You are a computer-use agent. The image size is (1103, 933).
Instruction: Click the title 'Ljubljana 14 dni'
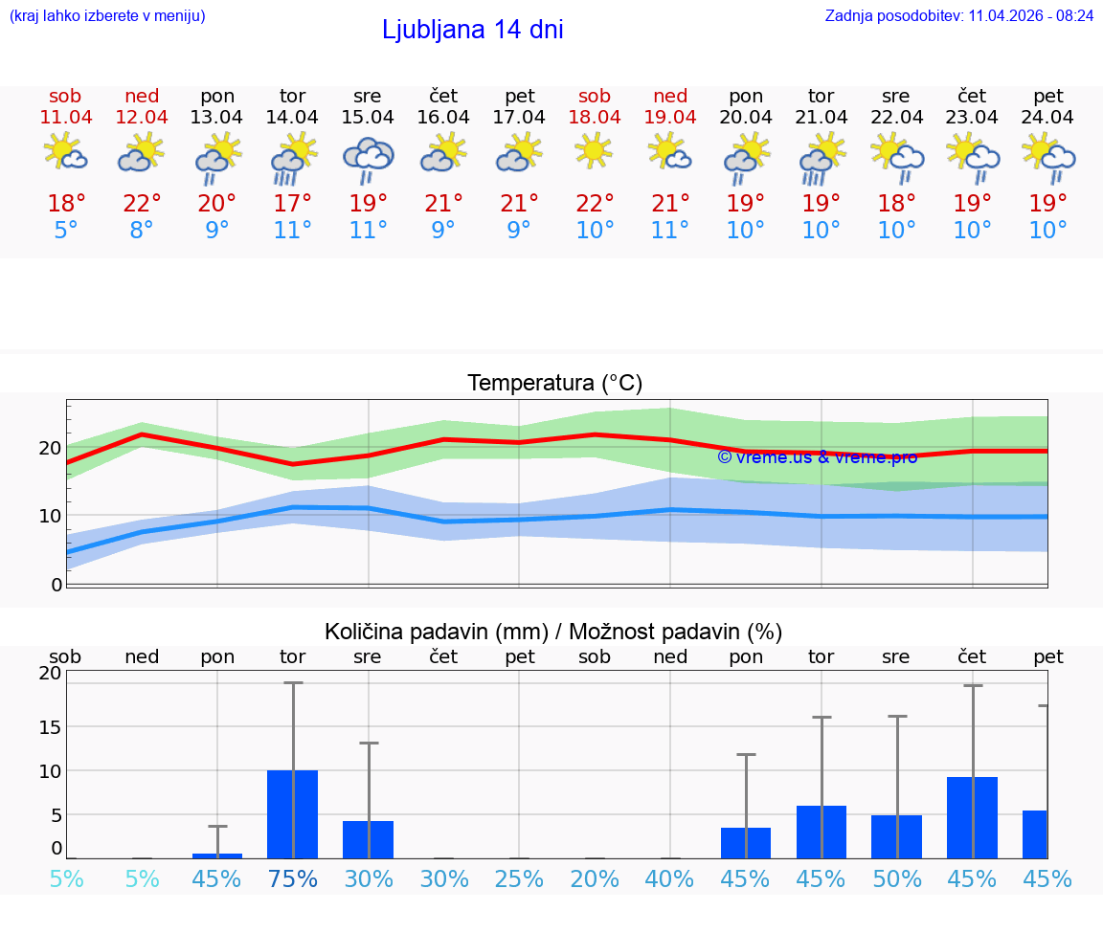(472, 30)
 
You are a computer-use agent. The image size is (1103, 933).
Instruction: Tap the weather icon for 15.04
(368, 158)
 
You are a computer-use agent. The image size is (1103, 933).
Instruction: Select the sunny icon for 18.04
(594, 151)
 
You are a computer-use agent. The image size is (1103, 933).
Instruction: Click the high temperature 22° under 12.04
(142, 204)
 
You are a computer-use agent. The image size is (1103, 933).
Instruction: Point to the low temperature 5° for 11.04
(65, 231)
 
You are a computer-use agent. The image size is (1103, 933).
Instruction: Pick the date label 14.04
(292, 118)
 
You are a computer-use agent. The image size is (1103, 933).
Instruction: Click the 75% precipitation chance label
(292, 878)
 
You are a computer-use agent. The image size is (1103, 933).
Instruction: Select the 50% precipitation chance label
(896, 878)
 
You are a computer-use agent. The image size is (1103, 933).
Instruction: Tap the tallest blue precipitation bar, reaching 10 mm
(292, 813)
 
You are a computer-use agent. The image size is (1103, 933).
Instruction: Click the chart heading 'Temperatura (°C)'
(554, 384)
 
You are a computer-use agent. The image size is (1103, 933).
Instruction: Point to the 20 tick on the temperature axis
(50, 448)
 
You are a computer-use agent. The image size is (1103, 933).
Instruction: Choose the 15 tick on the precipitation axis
(50, 726)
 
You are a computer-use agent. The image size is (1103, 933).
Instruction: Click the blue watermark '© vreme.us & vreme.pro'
(817, 457)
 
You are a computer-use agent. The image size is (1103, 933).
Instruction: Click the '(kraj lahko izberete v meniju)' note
(106, 16)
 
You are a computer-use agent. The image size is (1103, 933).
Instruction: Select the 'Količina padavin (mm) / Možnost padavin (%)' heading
(553, 632)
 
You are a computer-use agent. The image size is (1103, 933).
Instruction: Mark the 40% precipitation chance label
(669, 878)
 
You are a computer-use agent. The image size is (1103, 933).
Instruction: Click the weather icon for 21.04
(821, 158)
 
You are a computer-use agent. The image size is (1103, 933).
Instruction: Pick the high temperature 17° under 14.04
(292, 204)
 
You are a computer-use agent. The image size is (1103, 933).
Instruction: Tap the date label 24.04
(1047, 118)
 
